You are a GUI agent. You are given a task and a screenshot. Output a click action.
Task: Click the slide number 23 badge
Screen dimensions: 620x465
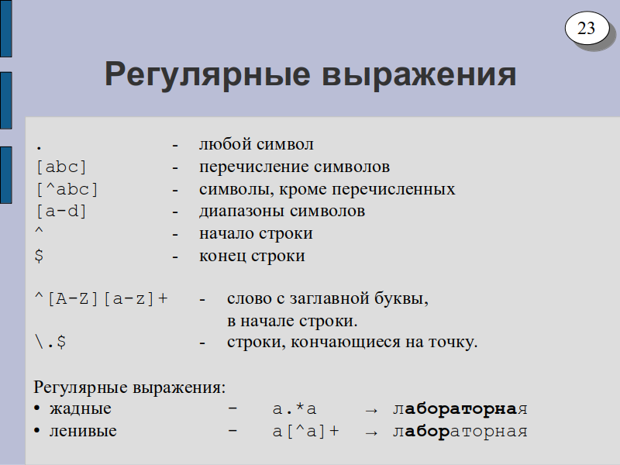coord(587,28)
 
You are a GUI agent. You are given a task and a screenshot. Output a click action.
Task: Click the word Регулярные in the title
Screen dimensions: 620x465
coord(207,74)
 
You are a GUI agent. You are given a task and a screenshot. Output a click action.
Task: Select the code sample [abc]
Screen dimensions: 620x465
coord(61,167)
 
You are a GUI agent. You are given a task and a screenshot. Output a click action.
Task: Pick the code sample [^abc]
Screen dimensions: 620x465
coord(67,190)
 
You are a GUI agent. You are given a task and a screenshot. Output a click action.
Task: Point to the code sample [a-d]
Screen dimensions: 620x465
coord(61,212)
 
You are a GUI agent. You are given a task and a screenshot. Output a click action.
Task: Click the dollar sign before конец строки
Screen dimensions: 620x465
coord(39,256)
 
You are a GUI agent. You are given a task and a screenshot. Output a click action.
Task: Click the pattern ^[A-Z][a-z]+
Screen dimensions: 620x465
coord(102,299)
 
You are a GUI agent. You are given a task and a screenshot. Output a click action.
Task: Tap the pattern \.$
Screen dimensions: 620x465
coord(50,342)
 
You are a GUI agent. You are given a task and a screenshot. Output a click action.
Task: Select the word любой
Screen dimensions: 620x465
coord(222,143)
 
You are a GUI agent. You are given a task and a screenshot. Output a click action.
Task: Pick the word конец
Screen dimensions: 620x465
coord(222,257)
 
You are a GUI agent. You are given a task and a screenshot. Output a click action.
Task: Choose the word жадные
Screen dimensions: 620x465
coord(81,408)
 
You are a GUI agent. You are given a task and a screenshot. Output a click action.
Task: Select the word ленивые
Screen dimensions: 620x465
coord(83,431)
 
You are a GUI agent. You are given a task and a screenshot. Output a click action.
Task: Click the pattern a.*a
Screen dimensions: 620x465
coord(294,408)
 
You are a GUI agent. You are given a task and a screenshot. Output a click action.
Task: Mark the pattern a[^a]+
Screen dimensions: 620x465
coord(305,432)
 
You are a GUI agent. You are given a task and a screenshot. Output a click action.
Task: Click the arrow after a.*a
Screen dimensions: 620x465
coord(371,411)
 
